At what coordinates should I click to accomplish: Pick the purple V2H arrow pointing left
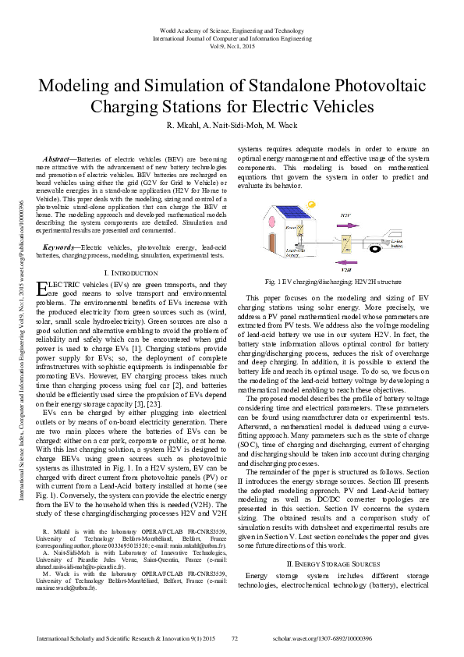345,262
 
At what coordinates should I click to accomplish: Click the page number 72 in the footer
234,637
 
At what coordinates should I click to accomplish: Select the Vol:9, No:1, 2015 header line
232,46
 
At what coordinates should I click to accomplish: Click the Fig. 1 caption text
333,279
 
